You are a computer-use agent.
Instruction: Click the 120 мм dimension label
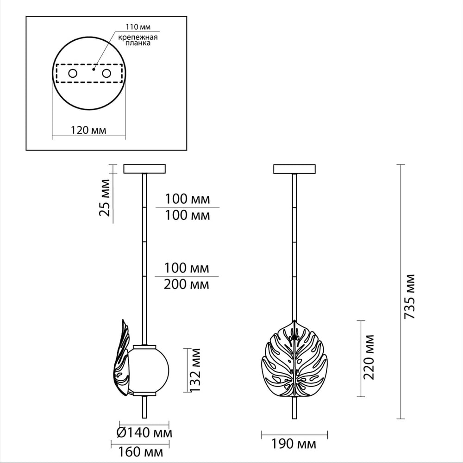[x=88, y=130]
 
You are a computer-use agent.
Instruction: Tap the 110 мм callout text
[x=138, y=27]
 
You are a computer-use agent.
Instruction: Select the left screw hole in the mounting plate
[x=73, y=73]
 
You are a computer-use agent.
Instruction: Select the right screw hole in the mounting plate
[x=106, y=73]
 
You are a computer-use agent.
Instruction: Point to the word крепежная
[x=138, y=38]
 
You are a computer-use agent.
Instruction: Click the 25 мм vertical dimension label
[x=105, y=198]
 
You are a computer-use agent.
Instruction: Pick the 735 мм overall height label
[x=410, y=296]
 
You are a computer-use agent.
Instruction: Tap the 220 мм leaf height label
[x=369, y=357]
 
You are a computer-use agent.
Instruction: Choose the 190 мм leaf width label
[x=294, y=444]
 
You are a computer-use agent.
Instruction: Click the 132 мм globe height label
[x=195, y=370]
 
